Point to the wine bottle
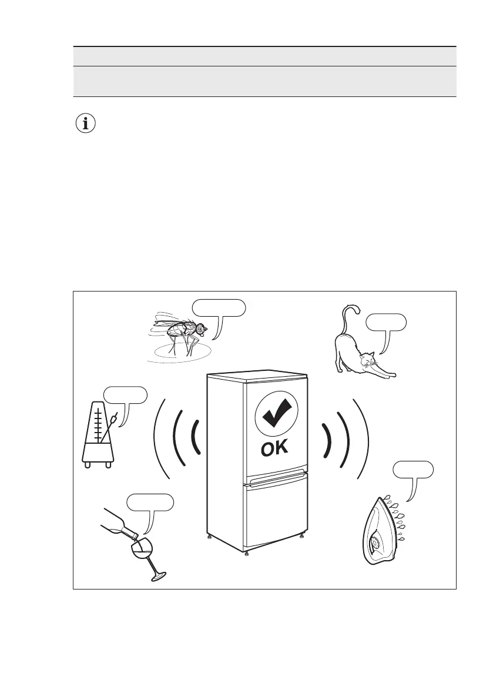(x=118, y=525)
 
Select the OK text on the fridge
(x=275, y=449)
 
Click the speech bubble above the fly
(x=219, y=307)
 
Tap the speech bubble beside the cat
(x=385, y=321)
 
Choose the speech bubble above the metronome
(x=125, y=395)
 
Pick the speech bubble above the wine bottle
(x=150, y=503)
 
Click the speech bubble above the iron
(x=414, y=470)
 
